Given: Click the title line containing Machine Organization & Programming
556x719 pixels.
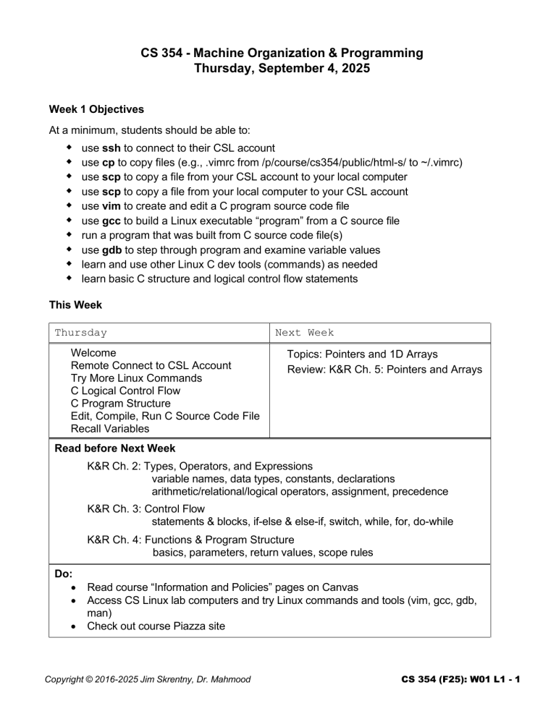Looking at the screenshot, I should tap(277, 53).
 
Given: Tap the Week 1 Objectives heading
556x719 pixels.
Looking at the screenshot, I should tap(96, 110).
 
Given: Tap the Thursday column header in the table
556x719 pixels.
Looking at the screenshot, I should tap(81, 333).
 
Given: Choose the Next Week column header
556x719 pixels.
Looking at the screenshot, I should tap(304, 333).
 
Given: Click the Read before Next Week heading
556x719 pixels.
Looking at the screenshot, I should tap(115, 448).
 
